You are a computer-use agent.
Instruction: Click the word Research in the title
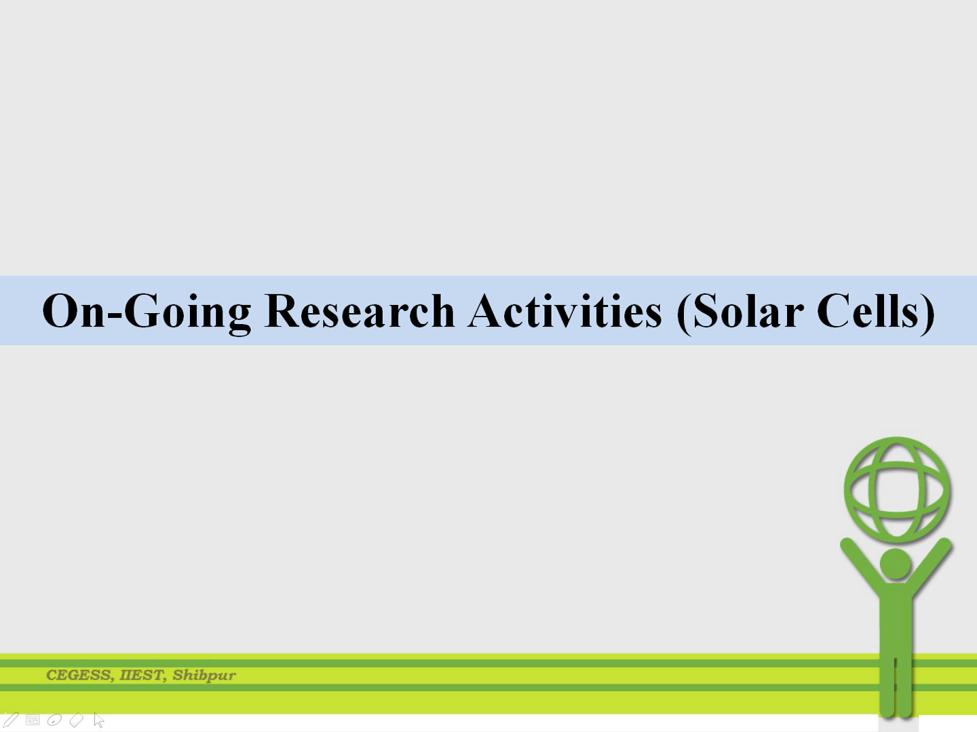[360, 310]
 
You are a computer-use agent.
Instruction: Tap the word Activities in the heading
[564, 310]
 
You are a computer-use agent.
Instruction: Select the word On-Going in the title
[147, 313]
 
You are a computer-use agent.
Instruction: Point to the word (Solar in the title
[740, 313]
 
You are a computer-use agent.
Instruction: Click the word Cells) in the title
[875, 313]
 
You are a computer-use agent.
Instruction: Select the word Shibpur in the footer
[204, 676]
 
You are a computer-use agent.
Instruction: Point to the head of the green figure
[896, 564]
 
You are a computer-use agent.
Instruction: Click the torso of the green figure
[896, 622]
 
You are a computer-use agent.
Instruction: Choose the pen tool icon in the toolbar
[9, 719]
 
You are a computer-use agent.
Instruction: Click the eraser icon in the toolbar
[77, 720]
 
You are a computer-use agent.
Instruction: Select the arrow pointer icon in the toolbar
[99, 720]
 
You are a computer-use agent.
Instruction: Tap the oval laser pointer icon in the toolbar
[54, 720]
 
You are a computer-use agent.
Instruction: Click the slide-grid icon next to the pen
[33, 720]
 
